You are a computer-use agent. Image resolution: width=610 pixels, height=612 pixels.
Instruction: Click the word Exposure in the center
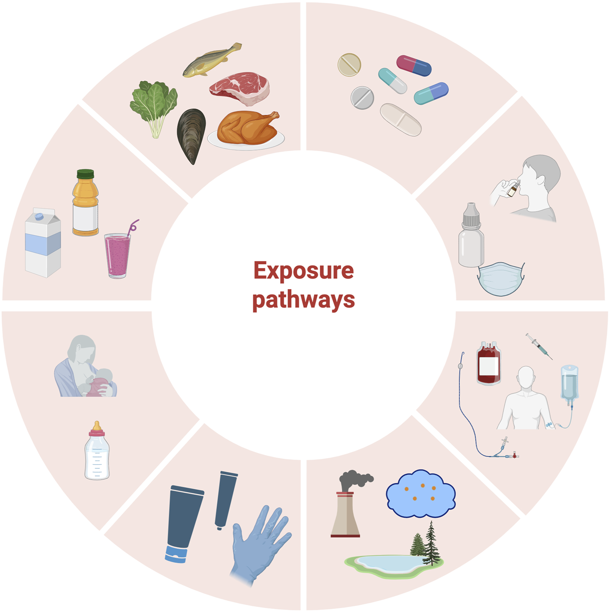pyautogui.click(x=303, y=271)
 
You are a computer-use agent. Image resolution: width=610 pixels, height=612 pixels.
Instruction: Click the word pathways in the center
pyautogui.click(x=303, y=300)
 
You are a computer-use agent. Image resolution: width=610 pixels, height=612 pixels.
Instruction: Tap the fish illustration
pyautogui.click(x=211, y=60)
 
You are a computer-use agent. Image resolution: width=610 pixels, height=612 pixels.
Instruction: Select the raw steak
pyautogui.click(x=240, y=88)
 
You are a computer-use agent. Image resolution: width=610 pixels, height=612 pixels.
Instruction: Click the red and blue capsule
pyautogui.click(x=414, y=66)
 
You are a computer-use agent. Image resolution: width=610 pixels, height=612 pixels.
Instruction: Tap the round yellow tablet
pyautogui.click(x=349, y=65)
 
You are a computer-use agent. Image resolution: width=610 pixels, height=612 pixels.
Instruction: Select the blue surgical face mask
pyautogui.click(x=501, y=279)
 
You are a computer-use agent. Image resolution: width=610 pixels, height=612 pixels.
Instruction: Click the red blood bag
pyautogui.click(x=489, y=364)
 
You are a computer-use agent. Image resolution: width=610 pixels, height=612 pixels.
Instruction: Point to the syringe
pyautogui.click(x=539, y=346)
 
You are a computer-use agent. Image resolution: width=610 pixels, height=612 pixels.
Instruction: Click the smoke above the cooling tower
pyautogui.click(x=354, y=480)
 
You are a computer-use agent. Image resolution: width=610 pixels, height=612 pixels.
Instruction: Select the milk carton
pyautogui.click(x=43, y=243)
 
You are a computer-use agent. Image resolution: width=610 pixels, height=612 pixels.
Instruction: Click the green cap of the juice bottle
pyautogui.click(x=85, y=174)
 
